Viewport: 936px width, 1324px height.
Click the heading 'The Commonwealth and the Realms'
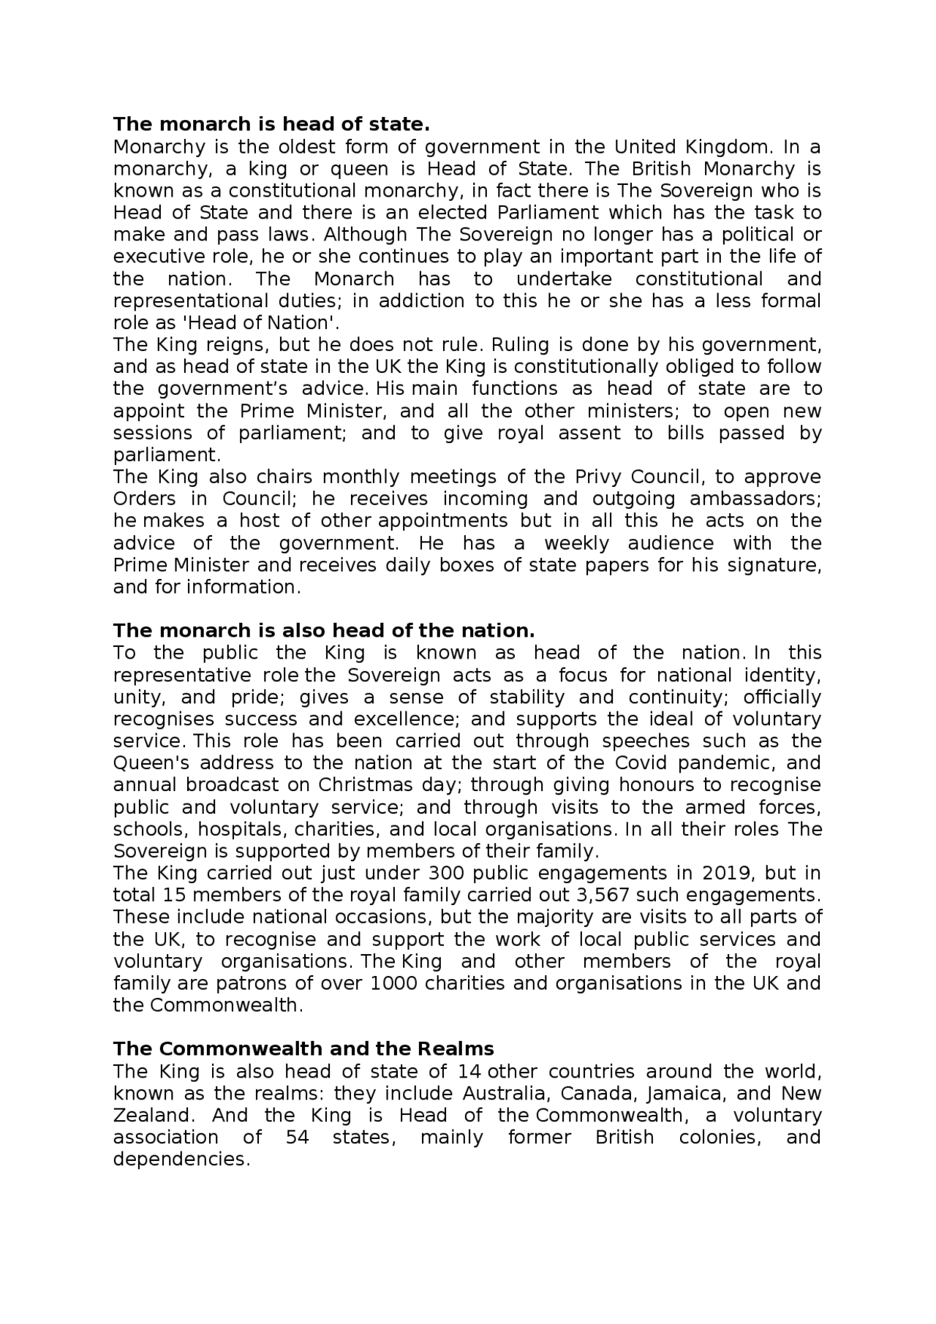[303, 1048]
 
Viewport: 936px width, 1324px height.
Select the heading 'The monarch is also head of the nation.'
[324, 630]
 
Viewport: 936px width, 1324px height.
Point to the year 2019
[726, 873]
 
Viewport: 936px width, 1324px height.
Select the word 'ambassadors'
[755, 499]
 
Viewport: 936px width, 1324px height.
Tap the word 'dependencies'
[181, 1159]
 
